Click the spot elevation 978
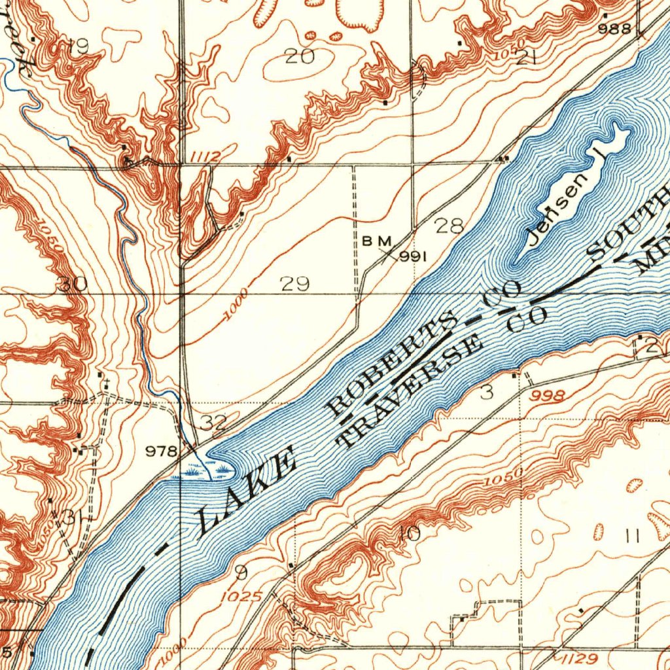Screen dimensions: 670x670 [161, 451]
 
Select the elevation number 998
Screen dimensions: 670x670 [548, 395]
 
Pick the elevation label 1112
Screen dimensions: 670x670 [206, 156]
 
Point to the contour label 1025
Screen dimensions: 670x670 [241, 597]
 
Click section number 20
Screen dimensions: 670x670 [300, 57]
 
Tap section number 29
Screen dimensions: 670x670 [294, 284]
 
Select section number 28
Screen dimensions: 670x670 [450, 226]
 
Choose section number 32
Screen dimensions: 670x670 [213, 423]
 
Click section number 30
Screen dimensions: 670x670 [72, 284]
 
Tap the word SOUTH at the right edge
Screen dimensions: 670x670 [628, 226]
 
